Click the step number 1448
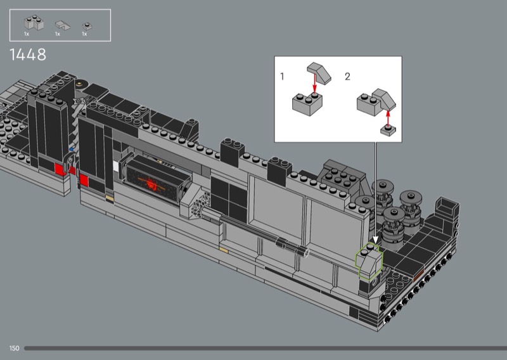tap(28, 55)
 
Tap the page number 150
tap(14, 349)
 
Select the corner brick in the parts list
tap(34, 23)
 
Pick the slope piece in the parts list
tap(62, 25)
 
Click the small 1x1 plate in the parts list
tap(87, 26)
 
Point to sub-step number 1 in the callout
tap(282, 77)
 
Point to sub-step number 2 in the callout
tap(347, 77)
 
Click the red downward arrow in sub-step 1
tap(314, 84)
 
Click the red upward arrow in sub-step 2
tap(388, 118)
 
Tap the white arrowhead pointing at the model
tap(375, 240)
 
